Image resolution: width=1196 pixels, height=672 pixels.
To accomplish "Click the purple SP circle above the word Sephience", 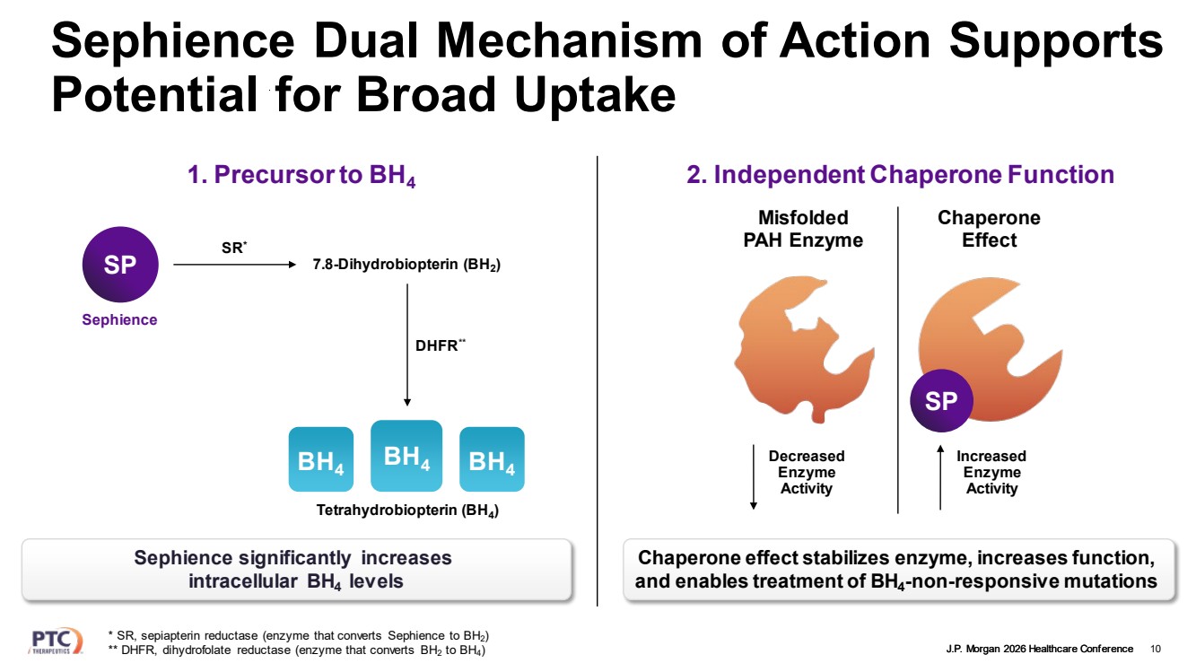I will (x=119, y=266).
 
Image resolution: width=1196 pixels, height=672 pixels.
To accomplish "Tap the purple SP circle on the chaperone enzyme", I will (x=941, y=402).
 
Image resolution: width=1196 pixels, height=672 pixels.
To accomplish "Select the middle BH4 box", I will (x=406, y=456).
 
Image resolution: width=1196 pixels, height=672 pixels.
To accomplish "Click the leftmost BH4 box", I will (x=320, y=460).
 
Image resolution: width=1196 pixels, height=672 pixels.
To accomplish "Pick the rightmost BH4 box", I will (x=492, y=460).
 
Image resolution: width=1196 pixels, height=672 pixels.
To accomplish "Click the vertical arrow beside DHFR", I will (x=407, y=345).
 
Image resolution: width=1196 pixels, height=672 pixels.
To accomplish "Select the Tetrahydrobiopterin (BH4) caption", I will (x=407, y=511).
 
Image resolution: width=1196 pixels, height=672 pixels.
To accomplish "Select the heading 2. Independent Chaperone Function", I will (x=900, y=175).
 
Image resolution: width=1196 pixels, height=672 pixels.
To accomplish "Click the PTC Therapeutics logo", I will (x=56, y=641).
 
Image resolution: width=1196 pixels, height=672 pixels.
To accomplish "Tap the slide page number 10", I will (x=1155, y=649).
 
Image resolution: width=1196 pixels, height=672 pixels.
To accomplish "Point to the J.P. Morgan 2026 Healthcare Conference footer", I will (x=1039, y=649).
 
